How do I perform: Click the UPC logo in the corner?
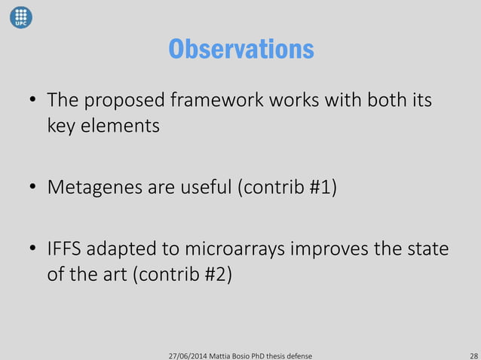(20, 16)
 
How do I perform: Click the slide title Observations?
(240, 49)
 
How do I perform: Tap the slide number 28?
(473, 354)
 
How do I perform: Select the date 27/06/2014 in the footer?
(188, 354)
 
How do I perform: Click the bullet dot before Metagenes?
(33, 187)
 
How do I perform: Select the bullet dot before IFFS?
(33, 249)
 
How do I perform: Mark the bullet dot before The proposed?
(33, 101)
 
